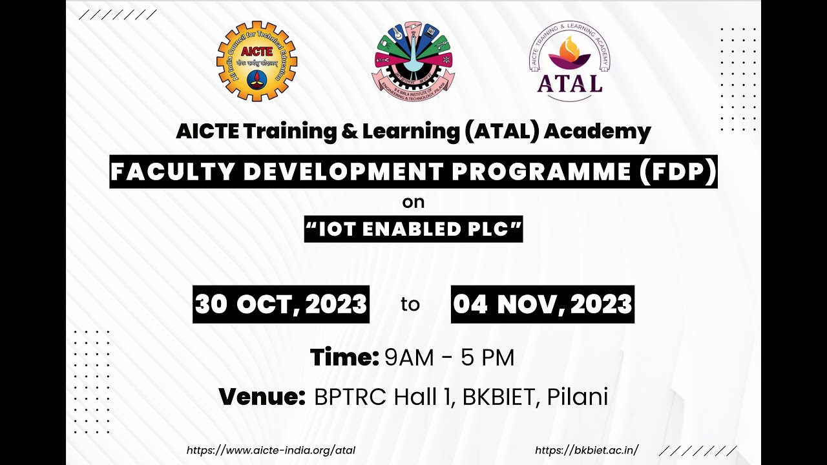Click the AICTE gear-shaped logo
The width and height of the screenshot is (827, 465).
[x=256, y=61]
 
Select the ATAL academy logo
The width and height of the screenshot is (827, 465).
[x=569, y=61]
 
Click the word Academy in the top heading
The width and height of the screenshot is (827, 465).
[x=597, y=131]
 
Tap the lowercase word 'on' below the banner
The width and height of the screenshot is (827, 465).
[x=413, y=202]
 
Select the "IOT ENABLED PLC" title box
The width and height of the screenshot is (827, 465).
[x=413, y=229]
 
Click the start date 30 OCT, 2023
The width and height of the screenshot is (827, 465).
[x=281, y=304]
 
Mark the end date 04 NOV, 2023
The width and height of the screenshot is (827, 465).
[x=543, y=304]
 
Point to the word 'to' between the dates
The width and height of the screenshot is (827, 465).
[x=410, y=304]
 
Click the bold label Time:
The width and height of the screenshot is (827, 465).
[x=344, y=357]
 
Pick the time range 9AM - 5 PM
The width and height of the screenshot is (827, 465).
[x=450, y=357]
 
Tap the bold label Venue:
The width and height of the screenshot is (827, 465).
[x=262, y=397]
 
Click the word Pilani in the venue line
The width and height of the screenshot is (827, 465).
[x=578, y=397]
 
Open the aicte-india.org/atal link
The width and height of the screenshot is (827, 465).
[x=271, y=451]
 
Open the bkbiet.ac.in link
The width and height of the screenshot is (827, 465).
[x=587, y=451]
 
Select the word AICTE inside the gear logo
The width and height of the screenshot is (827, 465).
[x=256, y=50]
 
